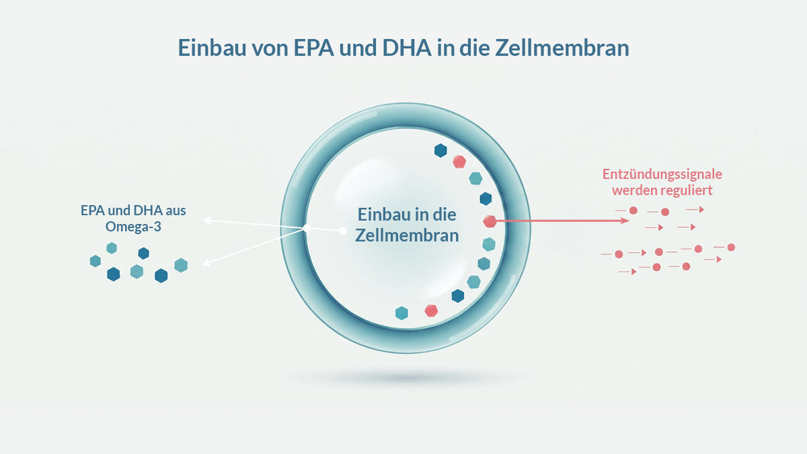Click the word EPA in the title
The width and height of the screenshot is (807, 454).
point(314,48)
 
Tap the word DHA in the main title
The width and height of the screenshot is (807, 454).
point(407,48)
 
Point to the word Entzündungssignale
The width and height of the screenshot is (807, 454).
point(662,174)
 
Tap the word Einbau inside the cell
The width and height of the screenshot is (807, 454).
point(383,215)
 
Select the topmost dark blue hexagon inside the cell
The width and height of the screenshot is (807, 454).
point(440,150)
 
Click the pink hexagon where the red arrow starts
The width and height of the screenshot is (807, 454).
point(490,221)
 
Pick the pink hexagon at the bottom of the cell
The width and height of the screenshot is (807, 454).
point(431,310)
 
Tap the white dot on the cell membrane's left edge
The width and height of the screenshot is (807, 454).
point(307,228)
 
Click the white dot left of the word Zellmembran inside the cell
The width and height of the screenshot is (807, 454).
point(342,231)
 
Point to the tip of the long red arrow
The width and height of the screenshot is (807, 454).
point(629,220)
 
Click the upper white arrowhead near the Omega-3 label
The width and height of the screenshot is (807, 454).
point(207,220)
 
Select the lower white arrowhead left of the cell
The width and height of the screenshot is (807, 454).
point(205,264)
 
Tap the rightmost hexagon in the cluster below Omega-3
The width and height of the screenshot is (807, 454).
point(181,265)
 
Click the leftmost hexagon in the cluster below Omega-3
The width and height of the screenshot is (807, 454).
point(95,261)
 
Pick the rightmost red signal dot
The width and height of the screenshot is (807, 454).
point(731,248)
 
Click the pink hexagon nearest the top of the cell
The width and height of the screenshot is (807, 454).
point(459,162)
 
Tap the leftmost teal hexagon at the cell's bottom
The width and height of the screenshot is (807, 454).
point(401,313)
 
